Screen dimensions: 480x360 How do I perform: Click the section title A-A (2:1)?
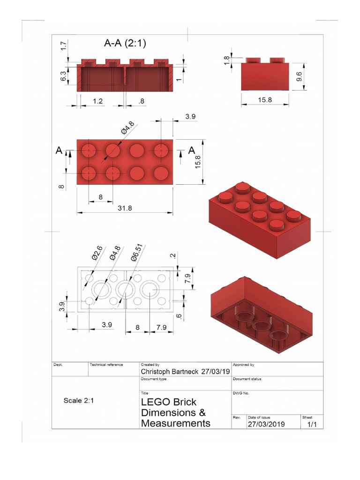pyautogui.click(x=125, y=44)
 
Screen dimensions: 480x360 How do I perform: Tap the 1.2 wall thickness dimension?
pyautogui.click(x=97, y=101)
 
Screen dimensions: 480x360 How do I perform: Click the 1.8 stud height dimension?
pyautogui.click(x=227, y=61)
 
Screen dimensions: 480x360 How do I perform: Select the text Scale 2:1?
pyautogui.click(x=79, y=401)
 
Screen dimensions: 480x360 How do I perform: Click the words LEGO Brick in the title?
pyautogui.click(x=169, y=402)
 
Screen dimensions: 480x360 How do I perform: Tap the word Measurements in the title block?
pyautogui.click(x=176, y=423)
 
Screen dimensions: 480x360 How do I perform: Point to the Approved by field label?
pyautogui.click(x=243, y=364)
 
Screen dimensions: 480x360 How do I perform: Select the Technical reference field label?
pyautogui.click(x=106, y=364)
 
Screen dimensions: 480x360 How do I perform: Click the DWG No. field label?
pyautogui.click(x=241, y=393)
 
